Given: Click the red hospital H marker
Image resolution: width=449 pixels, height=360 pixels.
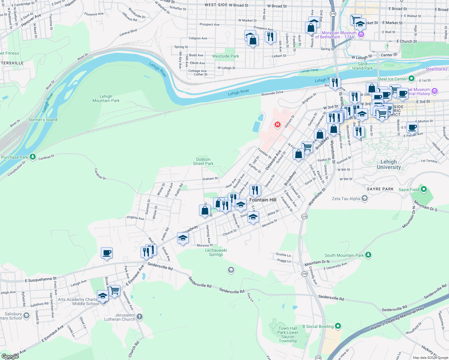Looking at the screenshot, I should pos(278,124).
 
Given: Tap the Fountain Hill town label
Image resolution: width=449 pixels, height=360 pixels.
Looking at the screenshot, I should pos(263,200).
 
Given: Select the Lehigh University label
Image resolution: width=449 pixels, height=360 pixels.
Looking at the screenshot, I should pos(388,164).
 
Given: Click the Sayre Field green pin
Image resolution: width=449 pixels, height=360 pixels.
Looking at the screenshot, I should pos(423,189).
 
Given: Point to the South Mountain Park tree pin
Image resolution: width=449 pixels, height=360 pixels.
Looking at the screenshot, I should pos(368,255).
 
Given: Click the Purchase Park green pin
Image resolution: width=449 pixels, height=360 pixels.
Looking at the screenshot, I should pos(33,157).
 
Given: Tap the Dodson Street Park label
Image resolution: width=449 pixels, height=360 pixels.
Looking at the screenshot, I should pos(203,162).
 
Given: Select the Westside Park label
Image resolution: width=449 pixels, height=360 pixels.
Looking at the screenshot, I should pos(225,56).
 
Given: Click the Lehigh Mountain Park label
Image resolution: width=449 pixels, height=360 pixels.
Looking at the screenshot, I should pos(106,98).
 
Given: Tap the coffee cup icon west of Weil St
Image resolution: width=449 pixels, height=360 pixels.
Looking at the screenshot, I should pos(107,253).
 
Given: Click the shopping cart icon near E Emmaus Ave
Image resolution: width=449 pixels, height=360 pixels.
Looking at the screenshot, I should pos(114,290).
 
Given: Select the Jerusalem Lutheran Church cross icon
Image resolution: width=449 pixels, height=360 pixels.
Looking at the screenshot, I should pos(139,316).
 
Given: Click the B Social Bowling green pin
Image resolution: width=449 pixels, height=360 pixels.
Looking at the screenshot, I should pos(338,326).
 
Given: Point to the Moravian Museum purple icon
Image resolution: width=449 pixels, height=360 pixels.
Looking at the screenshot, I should pos(361,35).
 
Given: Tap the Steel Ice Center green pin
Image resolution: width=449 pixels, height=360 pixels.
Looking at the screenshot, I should pos(411,79).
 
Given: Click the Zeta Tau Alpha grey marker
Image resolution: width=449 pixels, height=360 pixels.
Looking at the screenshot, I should pos(364,198).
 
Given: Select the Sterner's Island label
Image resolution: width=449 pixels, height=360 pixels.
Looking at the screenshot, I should pos(43,120).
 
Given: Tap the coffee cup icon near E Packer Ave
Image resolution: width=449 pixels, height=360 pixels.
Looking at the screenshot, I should pos(412,127).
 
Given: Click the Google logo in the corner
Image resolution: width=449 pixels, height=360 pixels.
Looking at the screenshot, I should pos(10,356).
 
